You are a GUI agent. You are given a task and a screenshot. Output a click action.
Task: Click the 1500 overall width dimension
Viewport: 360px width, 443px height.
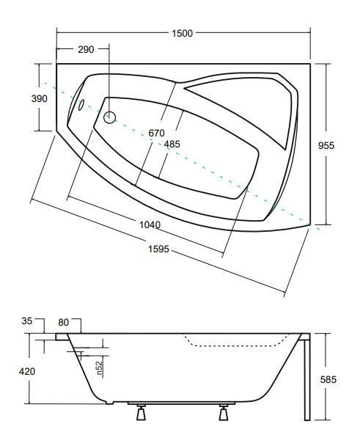tap(182, 33)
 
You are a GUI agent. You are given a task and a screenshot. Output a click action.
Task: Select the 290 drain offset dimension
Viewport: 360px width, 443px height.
tap(86, 49)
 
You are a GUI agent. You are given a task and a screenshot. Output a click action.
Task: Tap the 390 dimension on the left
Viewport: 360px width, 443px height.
tap(40, 98)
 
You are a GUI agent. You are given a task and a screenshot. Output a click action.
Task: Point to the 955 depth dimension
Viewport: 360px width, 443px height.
tap(326, 145)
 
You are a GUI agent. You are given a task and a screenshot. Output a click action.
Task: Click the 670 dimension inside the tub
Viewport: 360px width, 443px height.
tap(156, 133)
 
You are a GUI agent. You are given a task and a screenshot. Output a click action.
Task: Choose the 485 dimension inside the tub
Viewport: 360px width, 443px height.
tap(172, 144)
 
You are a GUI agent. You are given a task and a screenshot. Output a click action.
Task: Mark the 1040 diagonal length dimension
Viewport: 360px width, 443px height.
tap(150, 225)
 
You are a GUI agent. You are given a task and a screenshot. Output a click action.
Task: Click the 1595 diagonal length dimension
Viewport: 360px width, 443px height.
tap(158, 249)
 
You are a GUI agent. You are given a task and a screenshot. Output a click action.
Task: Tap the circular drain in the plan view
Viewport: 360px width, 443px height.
tap(109, 117)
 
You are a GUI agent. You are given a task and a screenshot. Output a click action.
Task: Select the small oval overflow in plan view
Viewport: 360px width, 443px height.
tap(81, 105)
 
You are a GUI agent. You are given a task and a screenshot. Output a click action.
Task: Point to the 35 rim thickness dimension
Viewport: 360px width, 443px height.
tap(27, 321)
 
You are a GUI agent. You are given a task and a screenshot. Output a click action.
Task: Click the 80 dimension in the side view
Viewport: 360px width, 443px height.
tap(64, 323)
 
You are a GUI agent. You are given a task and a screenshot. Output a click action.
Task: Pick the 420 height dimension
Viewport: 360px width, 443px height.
tap(27, 371)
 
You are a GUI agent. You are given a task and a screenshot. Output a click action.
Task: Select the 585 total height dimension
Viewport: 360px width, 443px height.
tap(328, 379)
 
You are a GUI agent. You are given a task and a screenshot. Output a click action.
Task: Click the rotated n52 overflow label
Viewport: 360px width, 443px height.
tap(99, 368)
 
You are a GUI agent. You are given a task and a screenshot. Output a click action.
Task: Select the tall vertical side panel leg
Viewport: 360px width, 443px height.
tap(307, 377)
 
